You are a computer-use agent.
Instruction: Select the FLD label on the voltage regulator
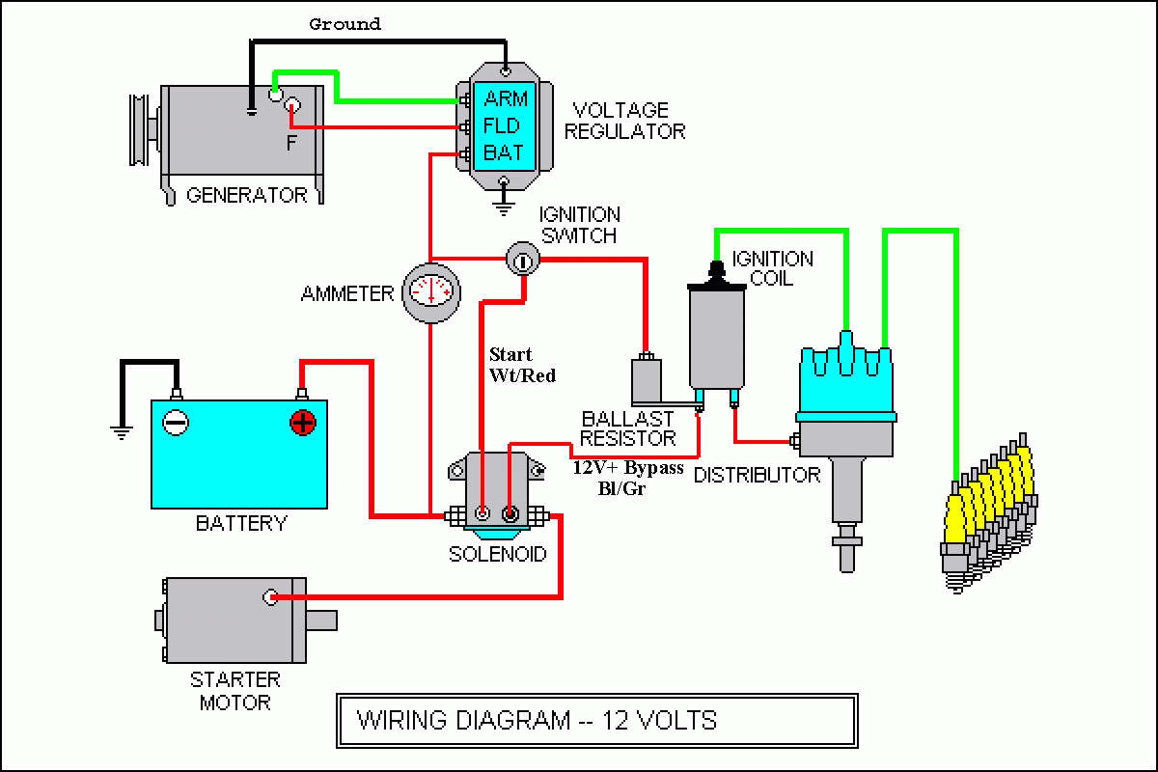coord(502,125)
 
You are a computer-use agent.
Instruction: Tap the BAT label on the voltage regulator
coord(503,152)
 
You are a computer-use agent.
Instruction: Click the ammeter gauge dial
coord(429,290)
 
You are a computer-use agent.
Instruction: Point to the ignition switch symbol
coord(520,258)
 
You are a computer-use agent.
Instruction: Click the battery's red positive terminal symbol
coord(303,422)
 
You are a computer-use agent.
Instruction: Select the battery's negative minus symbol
coord(175,422)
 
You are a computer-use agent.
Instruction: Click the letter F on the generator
coord(291,143)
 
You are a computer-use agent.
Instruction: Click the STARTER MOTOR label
coord(234,691)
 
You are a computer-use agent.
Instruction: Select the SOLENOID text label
coord(497,554)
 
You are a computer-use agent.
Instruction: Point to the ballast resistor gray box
coord(648,381)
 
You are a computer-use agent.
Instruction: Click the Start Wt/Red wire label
coord(522,365)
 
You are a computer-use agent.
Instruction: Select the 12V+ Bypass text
coord(627,468)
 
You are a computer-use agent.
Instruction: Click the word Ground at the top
coord(345,23)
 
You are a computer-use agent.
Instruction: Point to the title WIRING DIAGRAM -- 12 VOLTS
coord(537,720)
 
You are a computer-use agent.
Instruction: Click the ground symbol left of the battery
coord(122,432)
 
